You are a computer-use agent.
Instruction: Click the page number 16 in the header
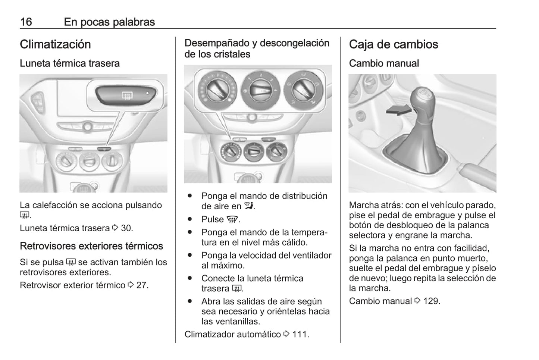click(x=26, y=22)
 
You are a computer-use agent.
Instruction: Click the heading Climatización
click(x=55, y=44)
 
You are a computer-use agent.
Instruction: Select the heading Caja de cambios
click(x=393, y=44)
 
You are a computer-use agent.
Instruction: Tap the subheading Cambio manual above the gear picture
click(x=384, y=63)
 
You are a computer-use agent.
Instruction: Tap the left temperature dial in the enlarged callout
click(x=216, y=89)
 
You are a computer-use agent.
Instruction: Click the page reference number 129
click(x=432, y=301)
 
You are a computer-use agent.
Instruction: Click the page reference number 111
click(x=300, y=334)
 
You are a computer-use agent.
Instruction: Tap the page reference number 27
click(x=142, y=285)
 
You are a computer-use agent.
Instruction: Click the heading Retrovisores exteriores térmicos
click(x=91, y=246)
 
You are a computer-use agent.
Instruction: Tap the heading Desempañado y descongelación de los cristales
click(x=257, y=48)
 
